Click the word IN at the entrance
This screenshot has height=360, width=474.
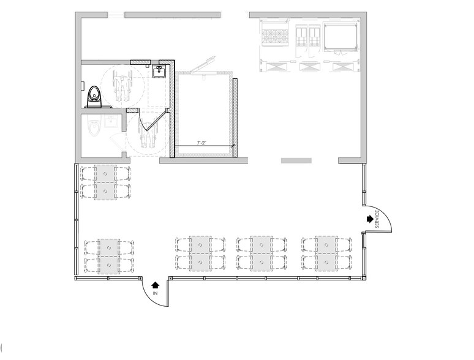coord(155,293)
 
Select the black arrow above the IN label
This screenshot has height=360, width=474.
coord(155,284)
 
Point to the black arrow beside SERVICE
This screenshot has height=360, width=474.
coord(369,218)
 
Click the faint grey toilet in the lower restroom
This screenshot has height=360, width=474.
coord(95,128)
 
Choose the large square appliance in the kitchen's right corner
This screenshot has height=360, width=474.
coord(340,37)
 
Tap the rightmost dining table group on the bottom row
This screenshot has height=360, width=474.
coord(326,253)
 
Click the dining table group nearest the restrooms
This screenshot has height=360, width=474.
coord(105,182)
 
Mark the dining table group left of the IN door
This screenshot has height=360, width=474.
coord(108,256)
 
